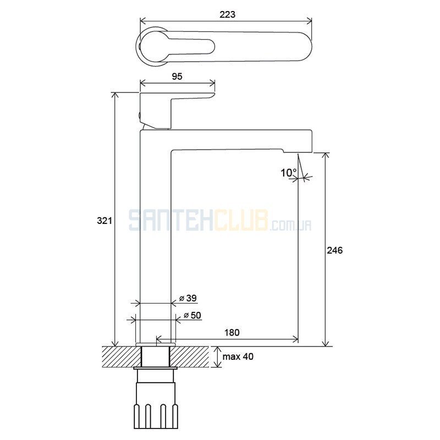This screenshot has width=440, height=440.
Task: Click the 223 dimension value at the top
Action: tap(227, 14)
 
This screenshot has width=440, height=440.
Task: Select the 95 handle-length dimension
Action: tap(177, 76)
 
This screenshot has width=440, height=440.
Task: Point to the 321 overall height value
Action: tap(105, 221)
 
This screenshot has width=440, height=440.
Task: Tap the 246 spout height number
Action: tap(334, 250)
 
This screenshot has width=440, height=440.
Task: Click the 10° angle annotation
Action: tap(289, 173)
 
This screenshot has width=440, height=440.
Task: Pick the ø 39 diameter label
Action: tap(188, 298)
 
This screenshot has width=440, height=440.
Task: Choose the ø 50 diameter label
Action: tap(192, 315)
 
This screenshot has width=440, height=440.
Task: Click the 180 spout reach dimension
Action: tap(232, 333)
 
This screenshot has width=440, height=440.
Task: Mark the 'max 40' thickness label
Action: tap(238, 356)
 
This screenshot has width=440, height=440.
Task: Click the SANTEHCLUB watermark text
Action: tap(220, 221)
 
